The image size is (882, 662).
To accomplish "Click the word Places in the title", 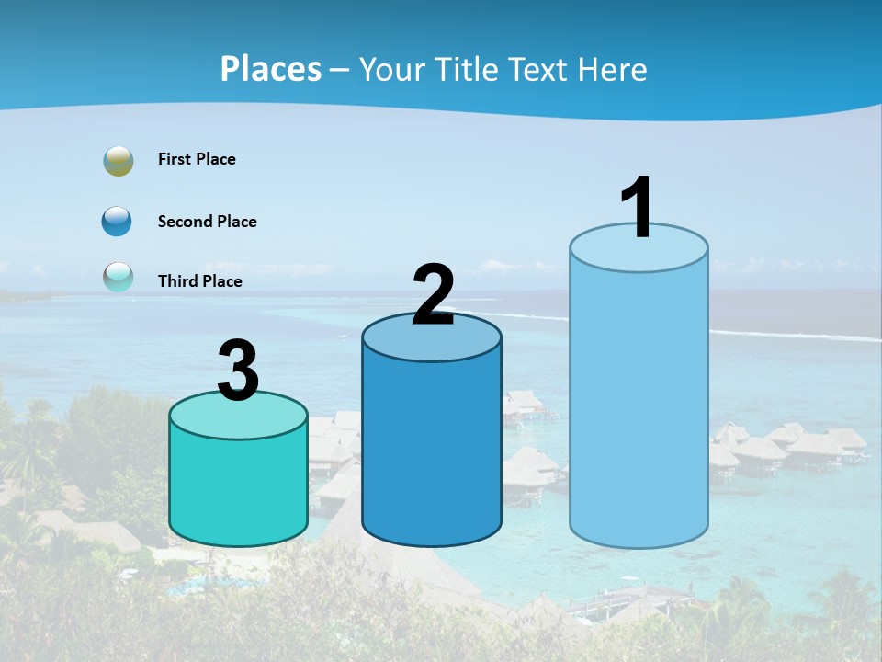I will pos(271,69).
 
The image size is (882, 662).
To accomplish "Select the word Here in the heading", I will pos(613,69).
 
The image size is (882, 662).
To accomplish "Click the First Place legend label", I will pos(197,159).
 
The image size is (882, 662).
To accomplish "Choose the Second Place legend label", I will pos(207,222).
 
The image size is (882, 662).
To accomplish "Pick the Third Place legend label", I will pos(199,281).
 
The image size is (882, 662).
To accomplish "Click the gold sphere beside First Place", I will pos(119,161).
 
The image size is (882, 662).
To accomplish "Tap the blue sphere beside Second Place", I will pos(118,222).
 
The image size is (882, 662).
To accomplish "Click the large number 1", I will pos(637,208).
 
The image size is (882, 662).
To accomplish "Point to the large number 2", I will pos(433,295).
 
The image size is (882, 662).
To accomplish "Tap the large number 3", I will pos(239,371).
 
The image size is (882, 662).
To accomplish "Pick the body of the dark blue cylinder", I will pos(432,451).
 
